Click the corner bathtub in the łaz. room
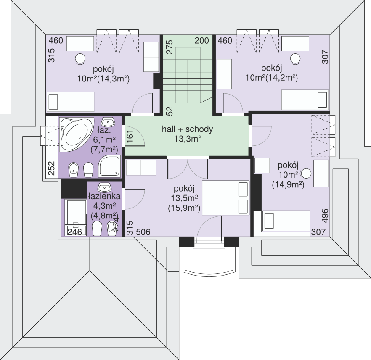point(76,134)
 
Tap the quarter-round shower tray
point(109,166)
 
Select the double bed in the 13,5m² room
point(225,198)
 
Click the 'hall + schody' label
point(188,129)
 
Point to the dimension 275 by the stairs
point(170,47)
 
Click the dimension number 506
point(143,232)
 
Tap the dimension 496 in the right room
point(325,215)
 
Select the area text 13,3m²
point(188,139)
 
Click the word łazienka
point(104,196)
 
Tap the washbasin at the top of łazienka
point(104,187)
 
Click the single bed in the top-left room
point(71,102)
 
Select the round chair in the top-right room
point(295,58)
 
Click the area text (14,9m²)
point(288,184)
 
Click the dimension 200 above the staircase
point(202,41)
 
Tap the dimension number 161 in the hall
point(130,136)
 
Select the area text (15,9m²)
point(184,208)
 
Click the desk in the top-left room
point(80,43)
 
